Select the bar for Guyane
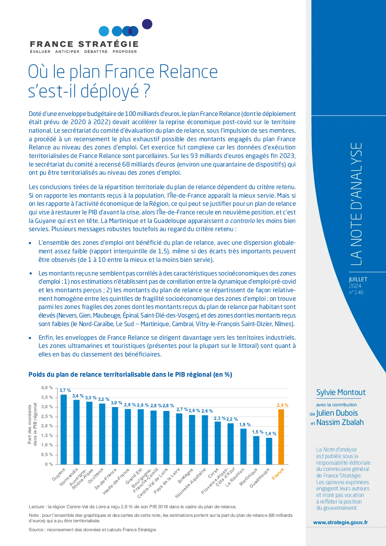point(63,430)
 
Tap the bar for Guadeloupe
point(269,451)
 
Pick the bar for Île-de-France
point(115,436)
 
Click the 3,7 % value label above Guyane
point(65,390)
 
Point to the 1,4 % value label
point(270,434)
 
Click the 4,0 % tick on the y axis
point(47,388)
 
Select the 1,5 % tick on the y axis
point(47,435)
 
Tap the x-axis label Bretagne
point(186,476)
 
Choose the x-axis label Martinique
point(248,477)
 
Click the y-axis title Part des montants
point(30,424)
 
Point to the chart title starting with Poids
point(130,374)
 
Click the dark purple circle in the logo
point(147,24)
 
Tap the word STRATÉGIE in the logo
point(108,44)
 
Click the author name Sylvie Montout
point(341,392)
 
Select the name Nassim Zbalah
point(340,422)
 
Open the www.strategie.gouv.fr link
point(340,522)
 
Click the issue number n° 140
point(356,292)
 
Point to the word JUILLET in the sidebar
point(358,279)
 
